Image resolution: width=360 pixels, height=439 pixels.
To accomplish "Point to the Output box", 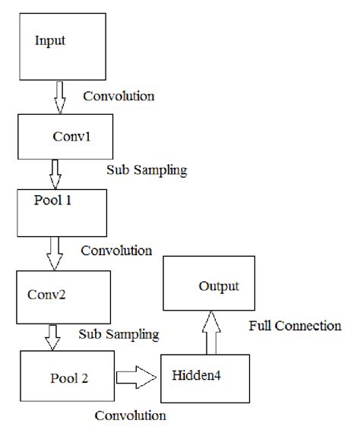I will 219,287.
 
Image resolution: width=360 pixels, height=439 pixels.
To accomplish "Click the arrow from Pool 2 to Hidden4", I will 137,375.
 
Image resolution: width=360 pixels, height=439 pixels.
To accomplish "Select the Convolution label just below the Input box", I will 118,96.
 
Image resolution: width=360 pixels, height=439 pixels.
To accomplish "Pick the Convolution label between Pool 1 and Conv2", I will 116,250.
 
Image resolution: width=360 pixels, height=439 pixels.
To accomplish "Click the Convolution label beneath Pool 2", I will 131,415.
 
